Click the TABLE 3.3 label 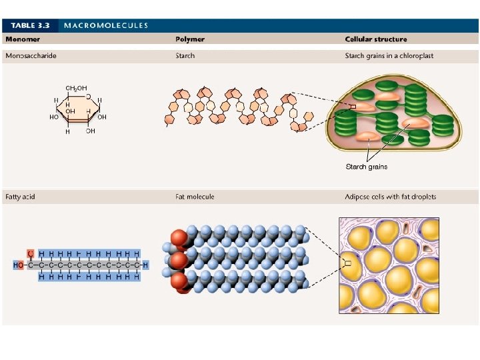(x=30, y=26)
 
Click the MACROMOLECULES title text (x=106, y=26)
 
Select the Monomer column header (x=23, y=39)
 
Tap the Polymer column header (x=190, y=39)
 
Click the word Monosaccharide (x=31, y=56)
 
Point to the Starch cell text (x=185, y=56)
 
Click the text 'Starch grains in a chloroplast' (x=389, y=56)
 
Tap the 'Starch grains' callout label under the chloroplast (x=366, y=167)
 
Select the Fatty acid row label (x=21, y=197)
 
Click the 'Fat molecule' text (x=195, y=197)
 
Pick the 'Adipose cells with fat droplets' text (x=391, y=197)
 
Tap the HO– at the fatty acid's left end (x=19, y=265)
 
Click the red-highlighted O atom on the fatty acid (x=30, y=254)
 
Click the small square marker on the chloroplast (x=353, y=107)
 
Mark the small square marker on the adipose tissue (x=347, y=264)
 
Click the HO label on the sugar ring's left (x=54, y=117)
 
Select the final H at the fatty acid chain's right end (x=145, y=265)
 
